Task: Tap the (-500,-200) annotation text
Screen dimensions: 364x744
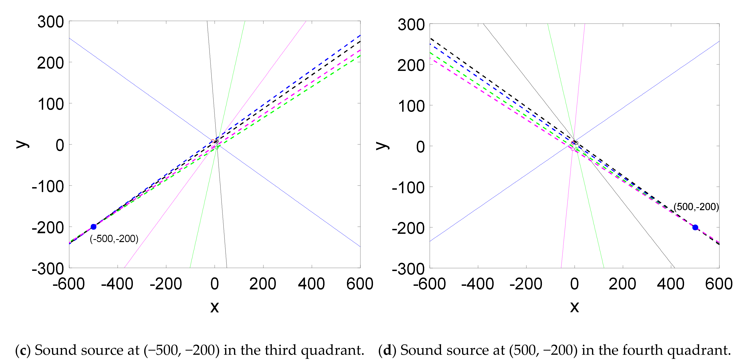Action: coord(114,239)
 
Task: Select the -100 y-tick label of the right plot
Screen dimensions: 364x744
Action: coord(408,188)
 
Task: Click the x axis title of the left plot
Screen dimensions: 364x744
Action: coord(214,307)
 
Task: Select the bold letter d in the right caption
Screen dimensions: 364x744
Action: coord(387,350)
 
